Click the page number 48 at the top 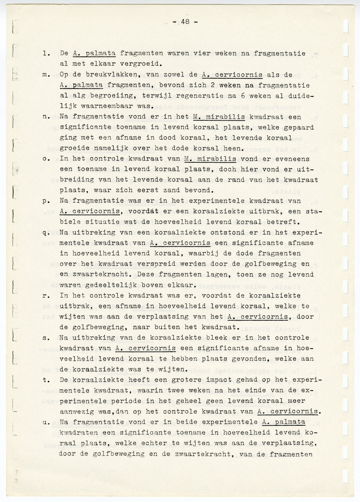(x=185, y=22)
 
